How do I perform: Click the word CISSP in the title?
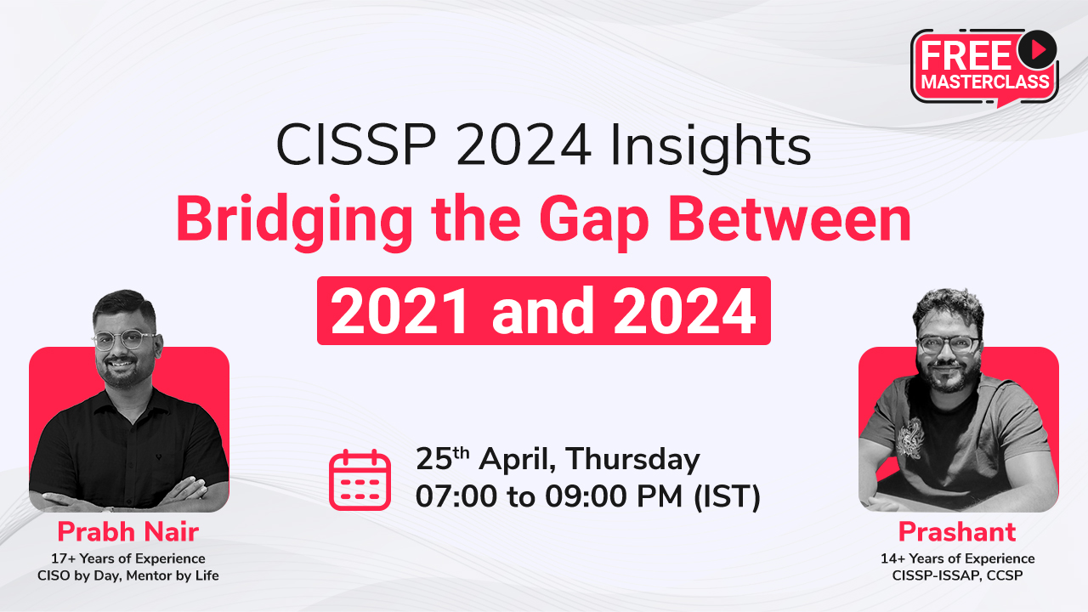pos(355,145)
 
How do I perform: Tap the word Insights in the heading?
pos(710,147)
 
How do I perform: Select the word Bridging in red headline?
pos(294,222)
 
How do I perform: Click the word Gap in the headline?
pos(594,224)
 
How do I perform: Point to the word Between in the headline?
pos(790,218)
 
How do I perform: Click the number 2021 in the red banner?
pos(400,311)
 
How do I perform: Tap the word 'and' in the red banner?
pos(542,311)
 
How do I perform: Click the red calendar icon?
pos(360,480)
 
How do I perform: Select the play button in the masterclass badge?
pos(1037,49)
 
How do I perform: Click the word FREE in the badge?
pos(966,56)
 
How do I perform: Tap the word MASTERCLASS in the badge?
pos(985,82)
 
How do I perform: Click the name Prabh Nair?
pos(128,531)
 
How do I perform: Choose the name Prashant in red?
pos(957,531)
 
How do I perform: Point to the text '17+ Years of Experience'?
pos(128,558)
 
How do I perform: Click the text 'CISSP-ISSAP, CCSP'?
pos(957,575)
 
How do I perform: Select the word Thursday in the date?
pos(632,460)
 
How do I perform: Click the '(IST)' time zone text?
pos(727,497)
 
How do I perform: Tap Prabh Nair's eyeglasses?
pos(125,339)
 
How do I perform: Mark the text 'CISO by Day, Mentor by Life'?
pos(128,575)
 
